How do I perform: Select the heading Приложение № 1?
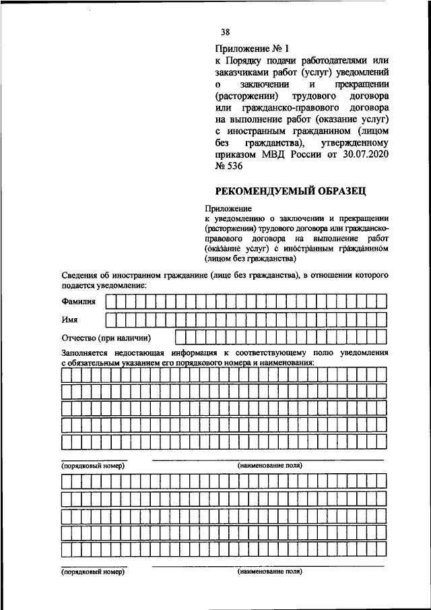click(x=242, y=49)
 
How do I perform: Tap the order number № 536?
click(x=229, y=168)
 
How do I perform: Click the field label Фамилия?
click(x=79, y=301)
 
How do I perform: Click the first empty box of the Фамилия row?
click(x=111, y=301)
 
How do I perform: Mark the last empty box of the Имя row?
click(x=381, y=319)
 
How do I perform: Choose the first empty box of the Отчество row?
click(x=180, y=337)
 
